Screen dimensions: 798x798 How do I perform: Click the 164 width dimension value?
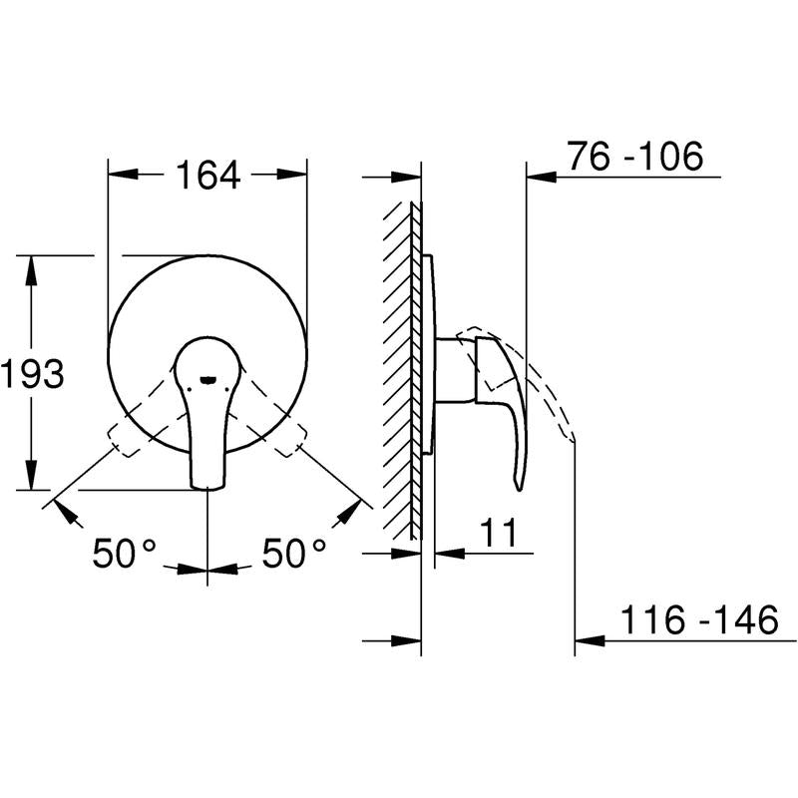click(207, 175)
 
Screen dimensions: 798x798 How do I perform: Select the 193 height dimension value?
click(32, 373)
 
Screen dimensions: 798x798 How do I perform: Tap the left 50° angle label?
click(124, 553)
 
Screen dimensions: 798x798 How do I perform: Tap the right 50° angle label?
click(293, 553)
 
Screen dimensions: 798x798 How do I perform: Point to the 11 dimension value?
click(498, 533)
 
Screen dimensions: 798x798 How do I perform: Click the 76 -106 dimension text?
click(635, 156)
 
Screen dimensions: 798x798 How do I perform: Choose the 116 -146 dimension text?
click(699, 619)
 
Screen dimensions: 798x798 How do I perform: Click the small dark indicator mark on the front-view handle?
click(207, 379)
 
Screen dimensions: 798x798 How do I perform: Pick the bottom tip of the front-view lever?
click(207, 489)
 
